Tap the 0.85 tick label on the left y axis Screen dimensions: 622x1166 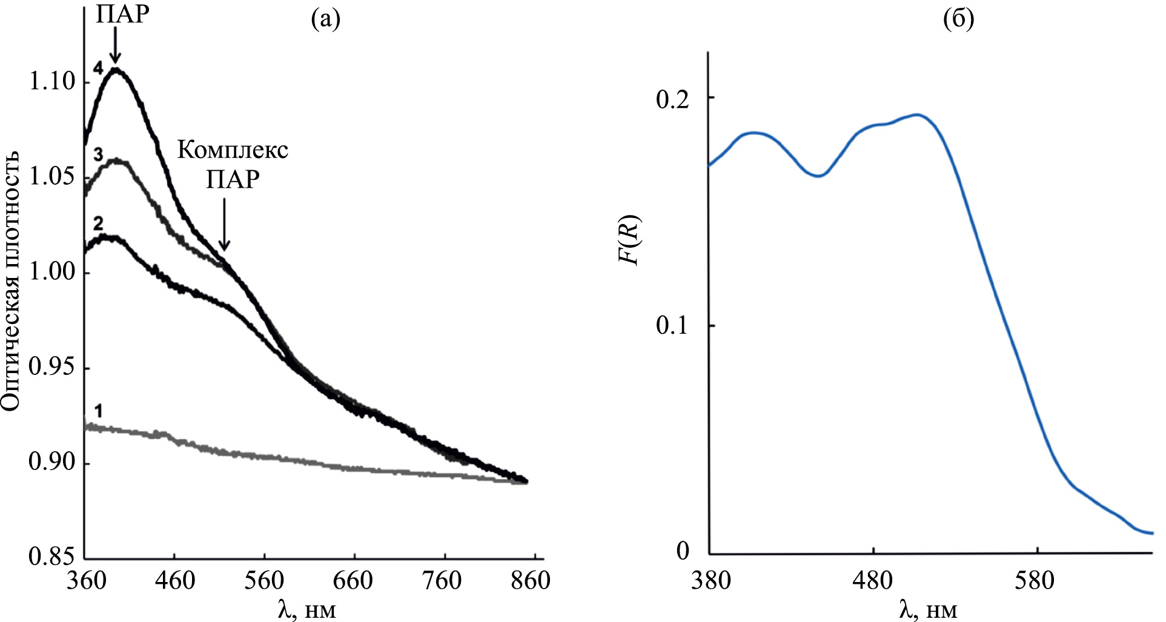click(52, 557)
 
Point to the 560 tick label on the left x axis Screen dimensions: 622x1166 click(264, 581)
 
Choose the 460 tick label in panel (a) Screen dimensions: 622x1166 click(174, 581)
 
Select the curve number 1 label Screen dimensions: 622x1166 click(99, 412)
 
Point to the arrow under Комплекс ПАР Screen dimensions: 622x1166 click(224, 224)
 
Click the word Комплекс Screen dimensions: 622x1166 click(233, 150)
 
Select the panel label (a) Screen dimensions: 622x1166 click(325, 19)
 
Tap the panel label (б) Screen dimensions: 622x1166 click(959, 19)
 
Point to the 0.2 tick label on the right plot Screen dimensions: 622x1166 click(672, 99)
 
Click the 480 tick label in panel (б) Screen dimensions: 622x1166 click(873, 581)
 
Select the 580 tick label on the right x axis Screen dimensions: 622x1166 click(1037, 581)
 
